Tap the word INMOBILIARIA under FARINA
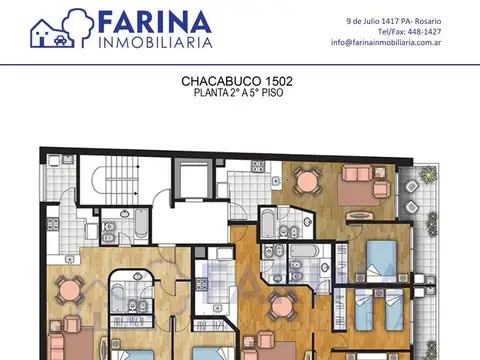tap(155, 43)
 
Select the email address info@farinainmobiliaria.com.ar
tap(386, 42)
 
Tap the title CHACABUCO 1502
tap(237, 81)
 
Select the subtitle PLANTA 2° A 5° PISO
tap(237, 93)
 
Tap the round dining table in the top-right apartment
tap(307, 181)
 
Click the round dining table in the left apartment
tap(70, 291)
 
